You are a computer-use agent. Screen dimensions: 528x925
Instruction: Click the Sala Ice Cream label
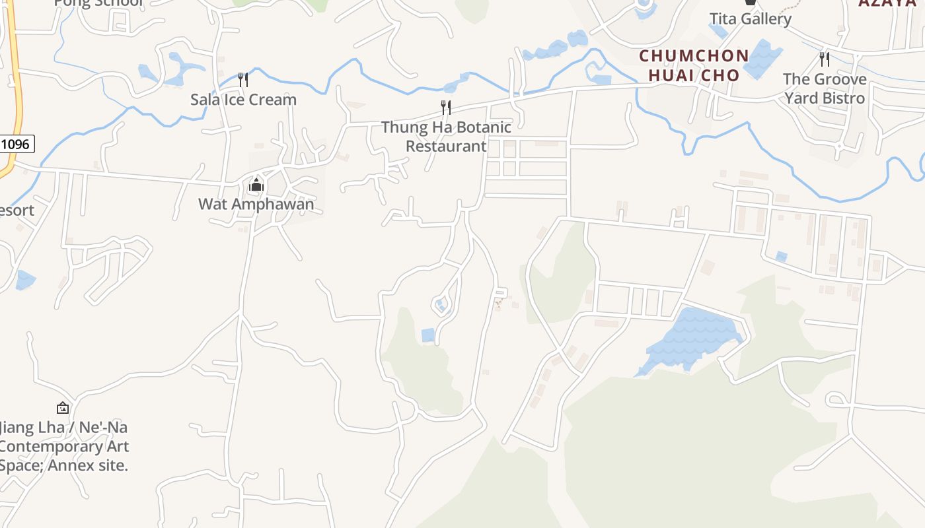(243, 100)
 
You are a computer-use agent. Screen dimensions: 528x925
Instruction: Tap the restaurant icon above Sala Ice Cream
(243, 80)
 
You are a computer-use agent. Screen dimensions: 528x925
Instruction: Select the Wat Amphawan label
(256, 204)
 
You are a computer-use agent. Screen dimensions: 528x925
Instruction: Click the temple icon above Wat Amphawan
(256, 185)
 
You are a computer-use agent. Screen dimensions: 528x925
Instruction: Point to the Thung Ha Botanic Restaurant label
(446, 137)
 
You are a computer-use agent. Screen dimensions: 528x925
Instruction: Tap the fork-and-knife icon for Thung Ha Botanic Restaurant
(446, 107)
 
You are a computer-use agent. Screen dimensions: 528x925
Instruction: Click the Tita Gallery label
(750, 18)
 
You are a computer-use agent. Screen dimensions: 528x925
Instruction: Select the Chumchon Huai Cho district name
(694, 65)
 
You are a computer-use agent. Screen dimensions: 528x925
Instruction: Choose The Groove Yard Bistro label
(825, 88)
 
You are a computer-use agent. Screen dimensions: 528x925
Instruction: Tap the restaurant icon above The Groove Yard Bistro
(824, 59)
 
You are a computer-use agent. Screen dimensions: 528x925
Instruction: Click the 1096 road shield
(15, 144)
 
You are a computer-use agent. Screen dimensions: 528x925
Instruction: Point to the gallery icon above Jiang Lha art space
(63, 408)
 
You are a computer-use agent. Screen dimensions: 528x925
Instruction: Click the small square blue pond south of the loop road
(428, 335)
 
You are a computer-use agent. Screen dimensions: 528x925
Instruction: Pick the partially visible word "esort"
(17, 211)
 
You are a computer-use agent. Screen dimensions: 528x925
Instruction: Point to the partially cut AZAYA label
(891, 3)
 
